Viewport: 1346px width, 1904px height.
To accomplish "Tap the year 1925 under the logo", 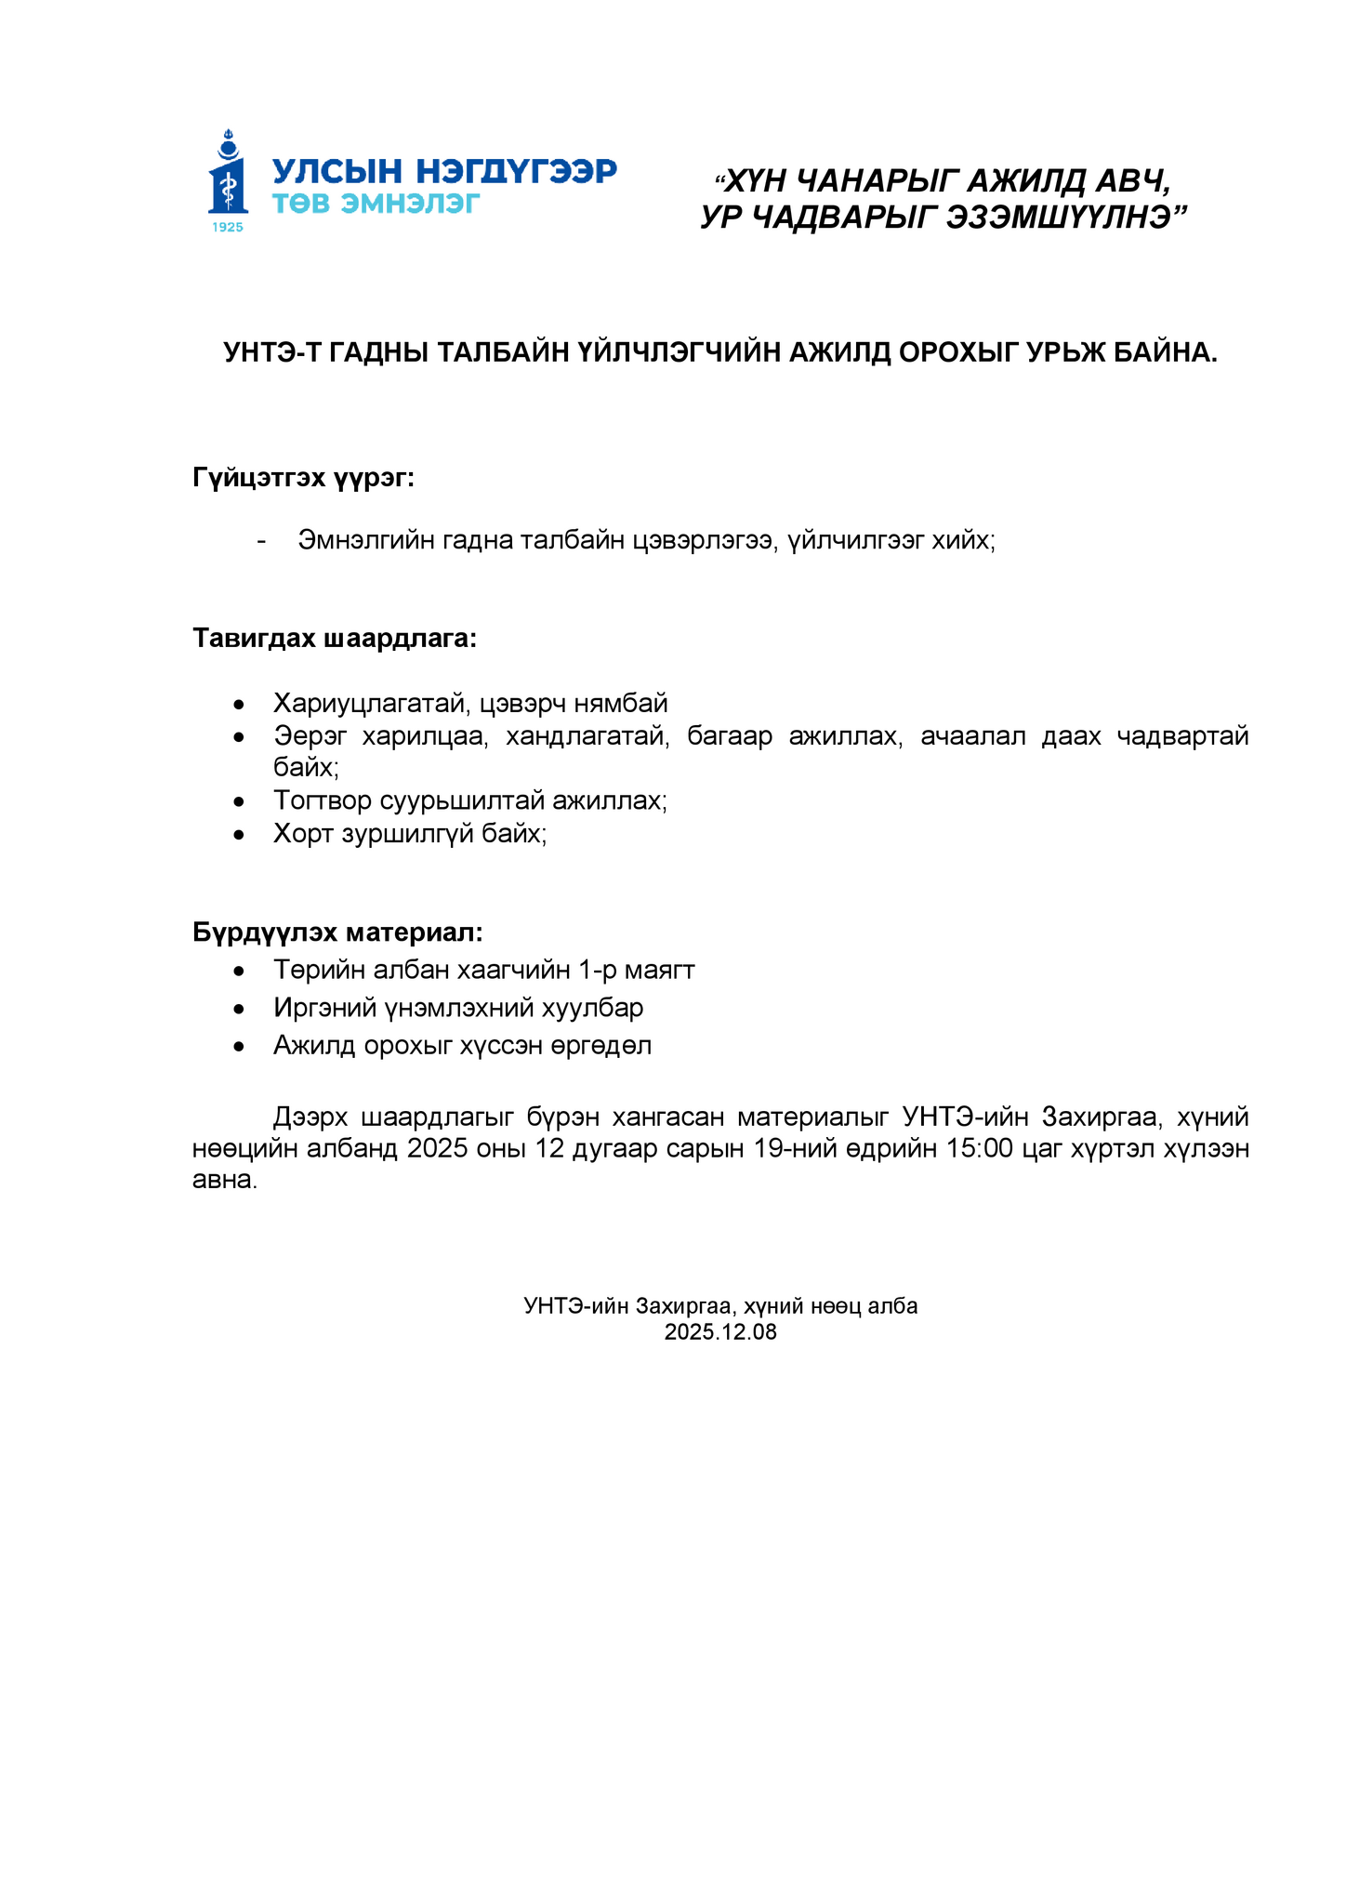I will coord(228,227).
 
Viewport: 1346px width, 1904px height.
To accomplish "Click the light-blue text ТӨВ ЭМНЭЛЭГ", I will coord(376,203).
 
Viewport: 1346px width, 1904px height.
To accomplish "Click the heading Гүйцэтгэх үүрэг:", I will coord(303,478).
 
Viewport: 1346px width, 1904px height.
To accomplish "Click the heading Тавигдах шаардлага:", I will coord(335,639).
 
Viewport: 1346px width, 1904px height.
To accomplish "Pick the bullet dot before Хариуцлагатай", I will coord(240,704).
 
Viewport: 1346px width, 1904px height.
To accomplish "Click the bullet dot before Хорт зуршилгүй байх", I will coord(240,835).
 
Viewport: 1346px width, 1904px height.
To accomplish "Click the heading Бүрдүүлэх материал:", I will coord(337,932).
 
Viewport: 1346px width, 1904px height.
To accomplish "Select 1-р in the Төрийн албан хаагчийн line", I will coord(598,970).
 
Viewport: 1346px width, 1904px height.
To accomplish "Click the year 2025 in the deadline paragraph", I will coord(436,1148).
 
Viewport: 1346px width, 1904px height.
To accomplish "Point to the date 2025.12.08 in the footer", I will coord(720,1332).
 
